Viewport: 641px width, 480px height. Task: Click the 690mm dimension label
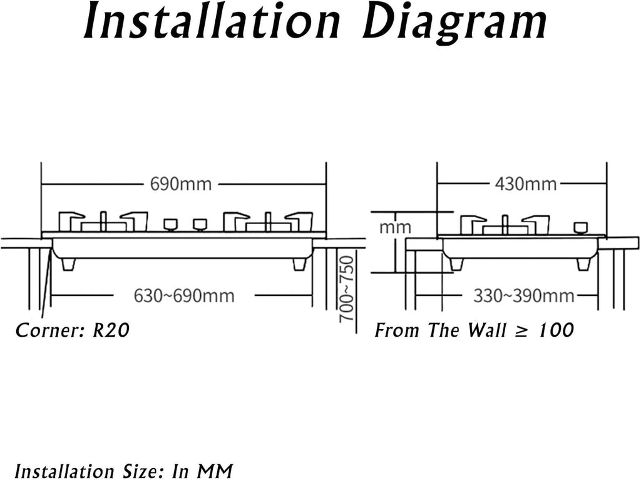pyautogui.click(x=181, y=184)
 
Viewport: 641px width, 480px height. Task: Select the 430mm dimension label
pyautogui.click(x=526, y=184)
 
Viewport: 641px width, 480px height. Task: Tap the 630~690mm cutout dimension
pyautogui.click(x=184, y=295)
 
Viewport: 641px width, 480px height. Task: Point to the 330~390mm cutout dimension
pyautogui.click(x=524, y=295)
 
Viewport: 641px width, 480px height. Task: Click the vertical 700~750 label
pyautogui.click(x=346, y=289)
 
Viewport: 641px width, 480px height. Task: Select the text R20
pyautogui.click(x=111, y=330)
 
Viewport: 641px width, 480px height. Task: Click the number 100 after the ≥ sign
pyautogui.click(x=556, y=330)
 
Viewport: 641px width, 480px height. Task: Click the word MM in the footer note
pyautogui.click(x=214, y=471)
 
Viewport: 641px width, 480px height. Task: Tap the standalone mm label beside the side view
pyautogui.click(x=395, y=227)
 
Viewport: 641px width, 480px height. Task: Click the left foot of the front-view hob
pyautogui.click(x=68, y=264)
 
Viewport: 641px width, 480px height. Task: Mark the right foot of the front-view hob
pyautogui.click(x=299, y=264)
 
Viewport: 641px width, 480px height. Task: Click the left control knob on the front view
pyautogui.click(x=170, y=225)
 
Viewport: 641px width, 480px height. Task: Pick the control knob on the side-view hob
pyautogui.click(x=580, y=228)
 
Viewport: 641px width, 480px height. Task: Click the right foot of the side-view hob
pyautogui.click(x=583, y=264)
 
